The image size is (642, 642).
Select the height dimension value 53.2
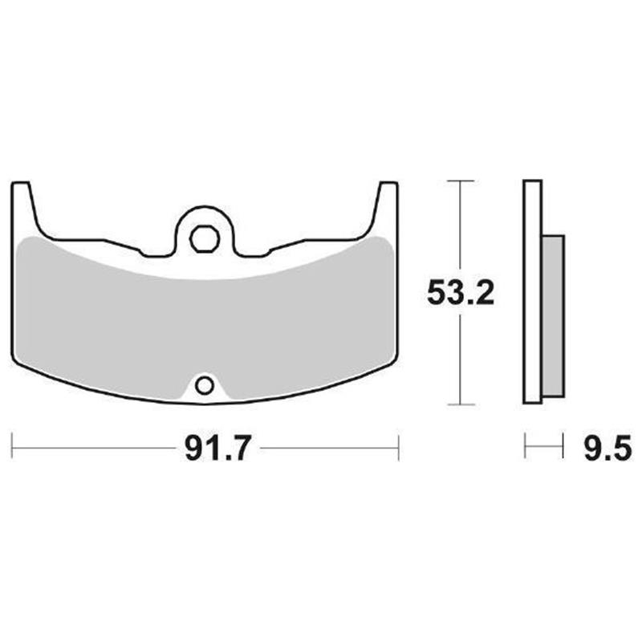click(460, 294)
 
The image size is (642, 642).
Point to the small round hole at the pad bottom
click(205, 386)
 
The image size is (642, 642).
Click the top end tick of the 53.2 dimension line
click(459, 182)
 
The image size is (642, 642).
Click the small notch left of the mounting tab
click(149, 251)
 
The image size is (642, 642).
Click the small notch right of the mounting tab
click(262, 251)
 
